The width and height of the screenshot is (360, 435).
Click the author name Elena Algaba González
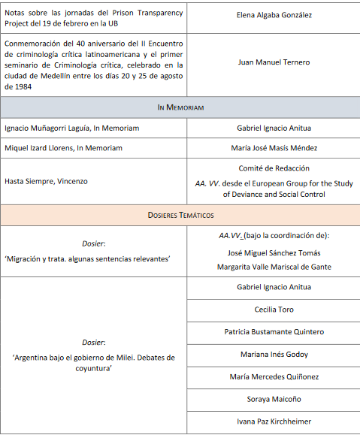tap(274, 14)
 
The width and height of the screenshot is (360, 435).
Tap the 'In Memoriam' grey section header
tap(180, 107)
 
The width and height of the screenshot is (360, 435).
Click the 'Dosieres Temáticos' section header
tap(180, 215)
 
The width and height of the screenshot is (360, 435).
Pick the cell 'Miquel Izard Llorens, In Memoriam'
tap(63, 148)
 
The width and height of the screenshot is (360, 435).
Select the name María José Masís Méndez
tap(274, 148)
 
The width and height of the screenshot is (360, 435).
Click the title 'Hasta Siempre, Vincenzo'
tap(47, 181)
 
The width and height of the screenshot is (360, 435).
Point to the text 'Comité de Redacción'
tap(274, 168)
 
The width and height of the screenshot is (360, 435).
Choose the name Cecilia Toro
tap(274, 309)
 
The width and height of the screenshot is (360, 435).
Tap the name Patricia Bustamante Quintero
tap(274, 331)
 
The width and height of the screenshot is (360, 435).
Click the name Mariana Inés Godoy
tap(274, 354)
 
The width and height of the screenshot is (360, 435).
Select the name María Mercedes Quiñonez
tap(274, 376)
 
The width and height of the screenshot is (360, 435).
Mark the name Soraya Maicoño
tap(274, 399)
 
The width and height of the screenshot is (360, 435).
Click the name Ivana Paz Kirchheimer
tap(274, 421)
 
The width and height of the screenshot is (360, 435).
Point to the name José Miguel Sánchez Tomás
tap(274, 252)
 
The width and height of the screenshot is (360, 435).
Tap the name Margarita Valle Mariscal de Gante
tap(274, 267)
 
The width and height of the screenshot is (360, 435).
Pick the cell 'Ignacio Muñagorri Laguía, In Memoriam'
tap(71, 128)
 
